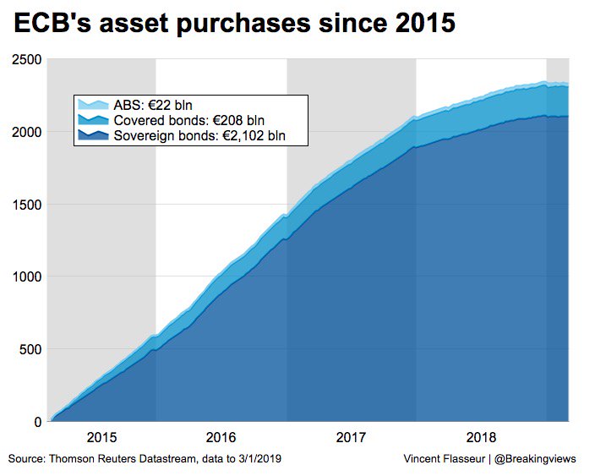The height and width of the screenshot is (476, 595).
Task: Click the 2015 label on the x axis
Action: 101,438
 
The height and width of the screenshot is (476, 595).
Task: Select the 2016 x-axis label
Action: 221,438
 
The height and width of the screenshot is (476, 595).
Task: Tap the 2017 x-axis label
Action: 351,438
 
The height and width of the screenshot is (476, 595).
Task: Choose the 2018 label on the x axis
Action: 481,438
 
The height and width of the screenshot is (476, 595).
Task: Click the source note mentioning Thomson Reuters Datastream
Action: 144,458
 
